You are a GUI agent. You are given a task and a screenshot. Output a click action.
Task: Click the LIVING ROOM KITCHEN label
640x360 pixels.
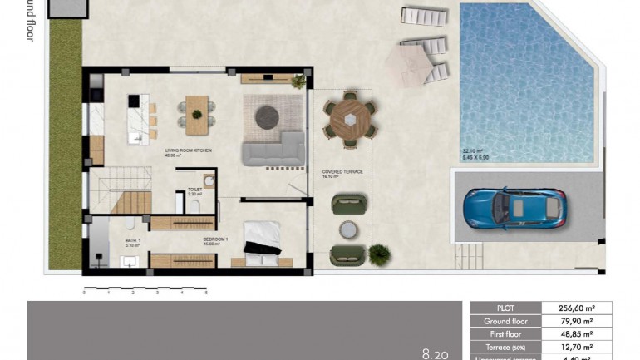[189, 151]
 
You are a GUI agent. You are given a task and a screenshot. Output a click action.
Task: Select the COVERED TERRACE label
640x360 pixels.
[342, 173]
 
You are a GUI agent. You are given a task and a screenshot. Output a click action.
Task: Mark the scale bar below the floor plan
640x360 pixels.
[145, 290]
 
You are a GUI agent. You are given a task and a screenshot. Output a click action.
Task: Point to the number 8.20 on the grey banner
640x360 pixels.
[437, 353]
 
